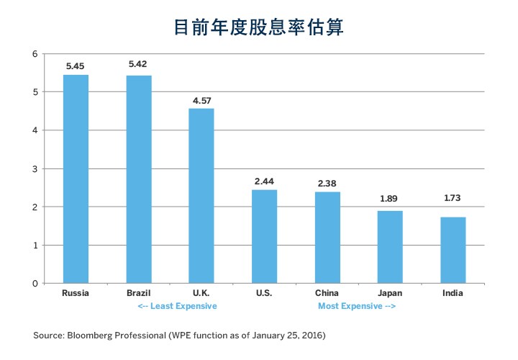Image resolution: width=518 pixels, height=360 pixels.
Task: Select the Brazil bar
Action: click(x=139, y=179)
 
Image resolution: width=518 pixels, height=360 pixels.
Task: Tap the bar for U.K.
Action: click(x=201, y=195)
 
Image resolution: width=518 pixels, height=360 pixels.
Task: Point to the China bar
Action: click(x=327, y=237)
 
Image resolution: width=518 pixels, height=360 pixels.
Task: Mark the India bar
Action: click(x=453, y=250)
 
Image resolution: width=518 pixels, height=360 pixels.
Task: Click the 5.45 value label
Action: click(x=76, y=66)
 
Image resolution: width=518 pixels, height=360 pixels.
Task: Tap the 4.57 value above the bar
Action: click(x=201, y=99)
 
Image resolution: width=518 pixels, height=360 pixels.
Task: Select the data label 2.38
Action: click(x=327, y=183)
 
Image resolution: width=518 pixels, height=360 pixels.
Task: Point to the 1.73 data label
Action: click(x=453, y=207)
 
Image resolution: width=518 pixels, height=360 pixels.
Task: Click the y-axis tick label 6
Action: click(x=35, y=54)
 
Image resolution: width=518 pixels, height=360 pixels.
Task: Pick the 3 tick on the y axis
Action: click(x=35, y=168)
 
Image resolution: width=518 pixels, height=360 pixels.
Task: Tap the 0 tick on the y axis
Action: click(x=35, y=283)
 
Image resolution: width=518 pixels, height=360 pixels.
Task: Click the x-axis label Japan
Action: click(x=390, y=293)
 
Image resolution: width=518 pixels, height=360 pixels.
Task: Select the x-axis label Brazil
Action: click(x=139, y=293)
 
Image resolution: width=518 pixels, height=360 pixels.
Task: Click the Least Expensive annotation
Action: click(x=177, y=306)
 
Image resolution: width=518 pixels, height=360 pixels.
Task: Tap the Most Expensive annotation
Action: click(x=357, y=306)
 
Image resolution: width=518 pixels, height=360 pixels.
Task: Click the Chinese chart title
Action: click(x=259, y=27)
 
